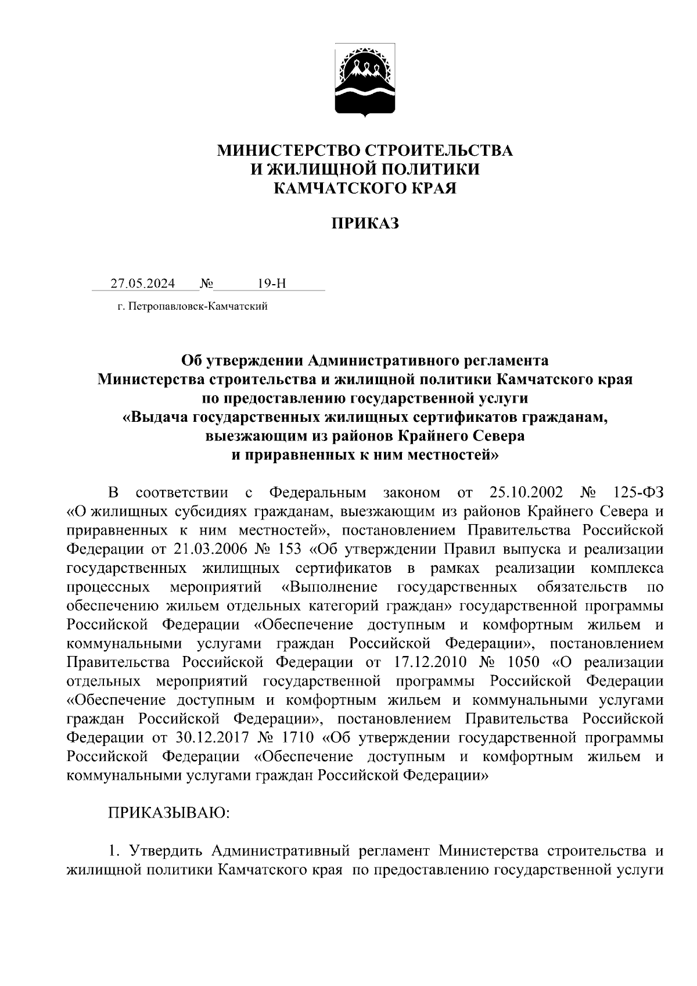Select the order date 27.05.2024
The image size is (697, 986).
143,284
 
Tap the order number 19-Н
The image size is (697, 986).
272,284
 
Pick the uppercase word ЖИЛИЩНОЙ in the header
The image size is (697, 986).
317,169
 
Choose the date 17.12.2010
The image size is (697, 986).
430,662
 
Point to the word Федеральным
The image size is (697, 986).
318,493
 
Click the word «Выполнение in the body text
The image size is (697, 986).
329,587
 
